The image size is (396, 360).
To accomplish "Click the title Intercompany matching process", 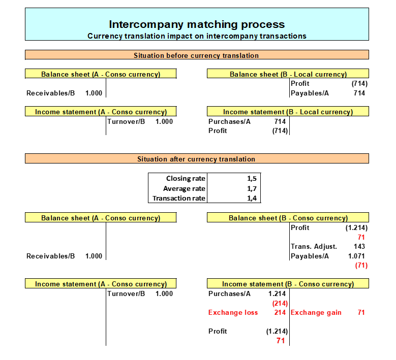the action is [197, 24].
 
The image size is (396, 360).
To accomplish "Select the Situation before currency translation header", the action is [196, 55].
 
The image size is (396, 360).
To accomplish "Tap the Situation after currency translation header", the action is [196, 159].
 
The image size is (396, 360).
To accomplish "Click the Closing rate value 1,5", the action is [252, 179].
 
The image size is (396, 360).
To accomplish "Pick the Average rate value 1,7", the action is [252, 188].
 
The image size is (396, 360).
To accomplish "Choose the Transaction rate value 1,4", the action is [252, 199].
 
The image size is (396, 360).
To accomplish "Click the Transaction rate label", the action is [179, 199].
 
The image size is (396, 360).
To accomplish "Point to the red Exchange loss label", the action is [233, 313].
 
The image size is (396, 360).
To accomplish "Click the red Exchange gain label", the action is [316, 313].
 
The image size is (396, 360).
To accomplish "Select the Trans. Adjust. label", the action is [314, 246].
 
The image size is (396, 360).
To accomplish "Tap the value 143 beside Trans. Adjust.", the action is [359, 246].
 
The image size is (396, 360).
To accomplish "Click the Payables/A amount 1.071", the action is [356, 256].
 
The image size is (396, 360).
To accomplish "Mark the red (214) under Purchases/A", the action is [280, 303].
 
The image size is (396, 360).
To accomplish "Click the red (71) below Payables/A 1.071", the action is [361, 266].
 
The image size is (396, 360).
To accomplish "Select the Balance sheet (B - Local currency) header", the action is [288, 74].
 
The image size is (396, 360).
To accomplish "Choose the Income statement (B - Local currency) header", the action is [288, 112].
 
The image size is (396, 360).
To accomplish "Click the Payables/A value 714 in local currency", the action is [359, 93].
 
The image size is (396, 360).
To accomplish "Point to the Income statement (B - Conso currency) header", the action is [288, 284].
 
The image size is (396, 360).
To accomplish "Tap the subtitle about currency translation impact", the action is [197, 36].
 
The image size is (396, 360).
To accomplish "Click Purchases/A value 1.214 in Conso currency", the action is [277, 294].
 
